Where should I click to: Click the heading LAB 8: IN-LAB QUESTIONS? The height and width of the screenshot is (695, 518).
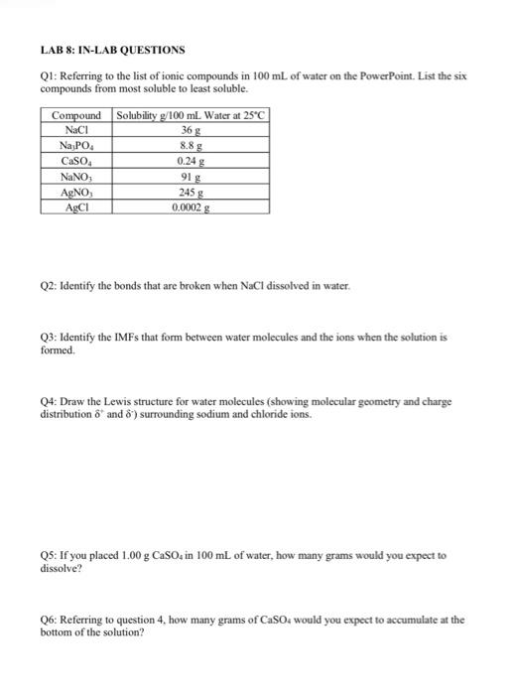112,49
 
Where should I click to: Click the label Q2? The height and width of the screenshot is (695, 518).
52,285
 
